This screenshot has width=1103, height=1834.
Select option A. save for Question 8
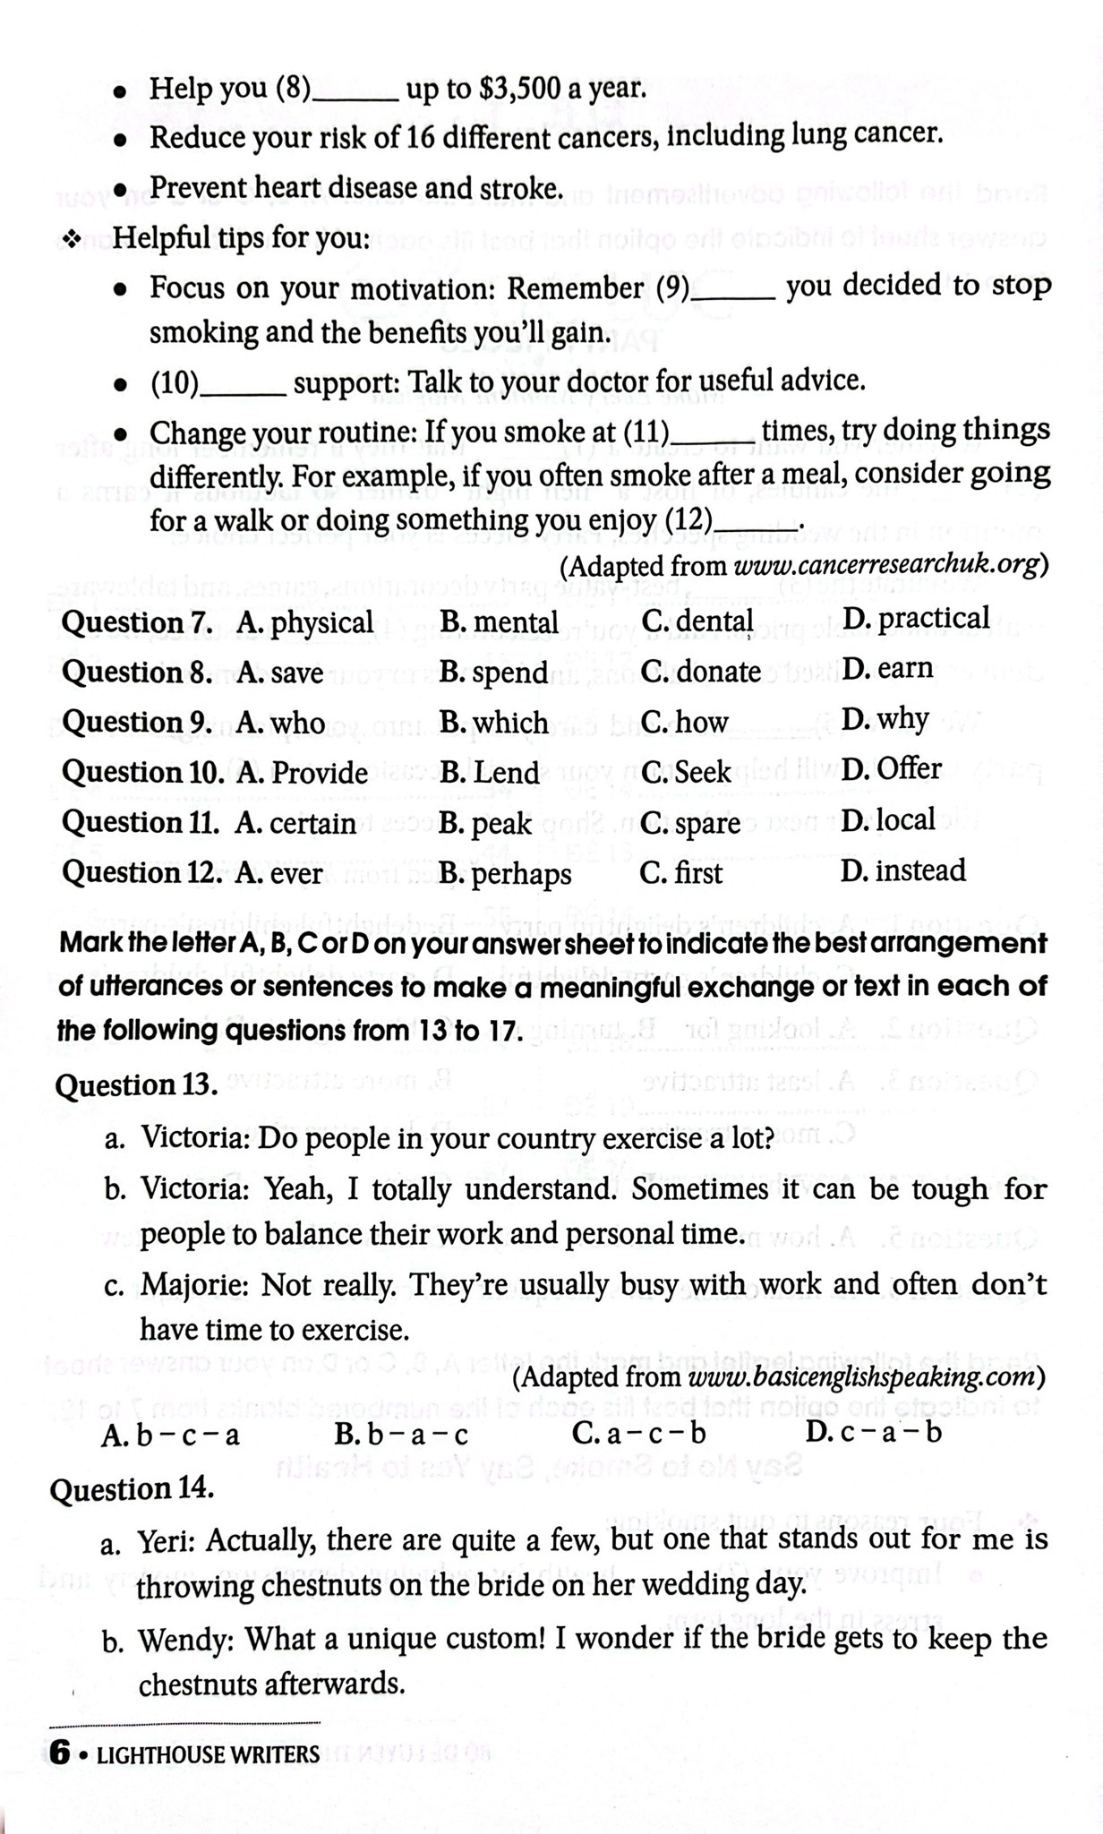[x=280, y=673]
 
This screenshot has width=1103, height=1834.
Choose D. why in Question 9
[x=885, y=719]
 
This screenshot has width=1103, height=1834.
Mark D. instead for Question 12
[x=902, y=870]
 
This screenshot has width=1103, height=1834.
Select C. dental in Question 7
[x=697, y=621]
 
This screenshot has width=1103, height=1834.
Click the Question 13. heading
[x=137, y=1085]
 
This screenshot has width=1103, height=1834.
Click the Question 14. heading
[x=132, y=1489]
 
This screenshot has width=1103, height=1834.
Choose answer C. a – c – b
[x=638, y=1434]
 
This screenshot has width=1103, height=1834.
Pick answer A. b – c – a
[x=170, y=1435]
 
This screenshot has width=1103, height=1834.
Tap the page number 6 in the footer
[x=60, y=1753]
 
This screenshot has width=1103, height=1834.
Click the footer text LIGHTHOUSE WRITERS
[x=208, y=1754]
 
